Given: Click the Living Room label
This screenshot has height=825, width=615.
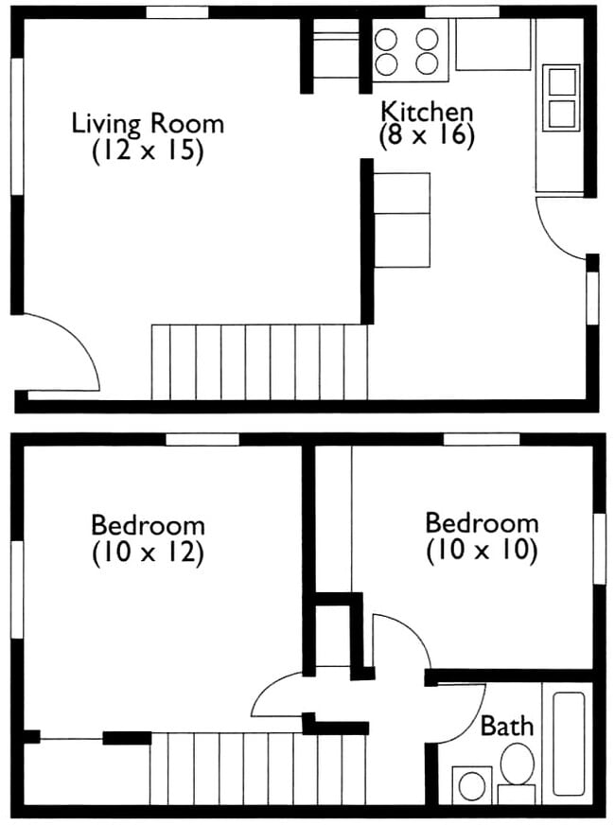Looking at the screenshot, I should [x=148, y=124].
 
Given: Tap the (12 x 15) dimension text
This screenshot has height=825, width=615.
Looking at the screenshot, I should [x=148, y=151].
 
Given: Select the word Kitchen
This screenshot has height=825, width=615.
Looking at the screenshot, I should [x=426, y=111].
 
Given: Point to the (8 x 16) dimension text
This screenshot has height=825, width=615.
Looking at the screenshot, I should [x=426, y=135].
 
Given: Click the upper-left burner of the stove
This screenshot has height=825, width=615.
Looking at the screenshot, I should [x=386, y=40].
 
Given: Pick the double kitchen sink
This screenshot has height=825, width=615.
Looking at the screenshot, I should [x=561, y=97].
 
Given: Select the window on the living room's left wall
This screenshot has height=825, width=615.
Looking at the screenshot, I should [x=16, y=127].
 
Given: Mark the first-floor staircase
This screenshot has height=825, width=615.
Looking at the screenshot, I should [x=259, y=361].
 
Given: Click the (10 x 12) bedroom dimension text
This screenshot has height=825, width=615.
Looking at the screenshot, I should [x=148, y=552].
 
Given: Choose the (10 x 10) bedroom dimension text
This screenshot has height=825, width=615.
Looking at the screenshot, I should [x=482, y=550].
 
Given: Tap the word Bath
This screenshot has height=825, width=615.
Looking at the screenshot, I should [x=507, y=727].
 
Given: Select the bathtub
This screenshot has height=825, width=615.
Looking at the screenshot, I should [x=569, y=744].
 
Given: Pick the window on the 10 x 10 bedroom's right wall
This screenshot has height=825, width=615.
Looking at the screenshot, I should [x=598, y=550].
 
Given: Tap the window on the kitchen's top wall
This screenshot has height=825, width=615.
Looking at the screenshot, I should [x=461, y=11].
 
